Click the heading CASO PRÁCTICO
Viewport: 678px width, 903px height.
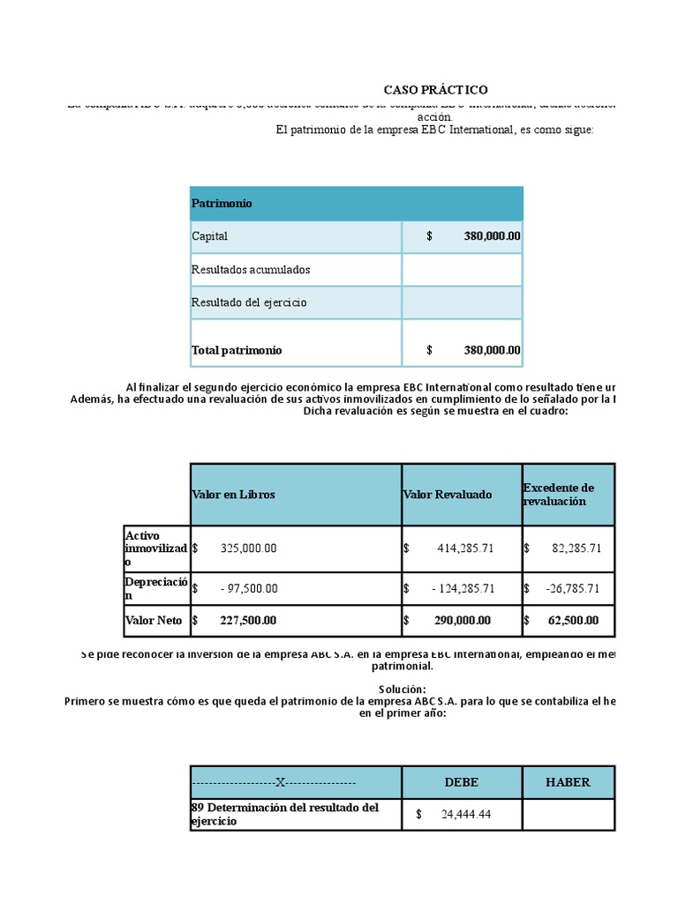tap(434, 90)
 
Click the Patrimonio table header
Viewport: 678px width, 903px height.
tap(222, 204)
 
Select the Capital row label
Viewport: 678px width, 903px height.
tap(209, 236)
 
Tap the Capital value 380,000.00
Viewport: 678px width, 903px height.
tap(491, 236)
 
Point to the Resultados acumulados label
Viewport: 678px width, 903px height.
tap(251, 269)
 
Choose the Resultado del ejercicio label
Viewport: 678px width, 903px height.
tap(249, 302)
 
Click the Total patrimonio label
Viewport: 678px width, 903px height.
tap(237, 350)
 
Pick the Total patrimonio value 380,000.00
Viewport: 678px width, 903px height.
tap(491, 350)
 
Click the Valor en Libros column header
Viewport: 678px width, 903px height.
tap(233, 495)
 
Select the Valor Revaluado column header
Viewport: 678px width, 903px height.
tap(448, 495)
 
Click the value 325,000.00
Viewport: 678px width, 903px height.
tap(248, 548)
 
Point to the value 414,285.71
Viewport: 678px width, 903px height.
tap(465, 548)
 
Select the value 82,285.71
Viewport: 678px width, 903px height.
tap(576, 548)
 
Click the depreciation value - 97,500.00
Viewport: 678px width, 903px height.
tap(249, 588)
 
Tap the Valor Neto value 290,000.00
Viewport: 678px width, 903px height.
tap(463, 621)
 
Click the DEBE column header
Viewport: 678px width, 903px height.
tap(462, 782)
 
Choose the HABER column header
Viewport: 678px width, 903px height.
tap(568, 782)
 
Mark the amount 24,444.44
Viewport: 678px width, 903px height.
tap(465, 815)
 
